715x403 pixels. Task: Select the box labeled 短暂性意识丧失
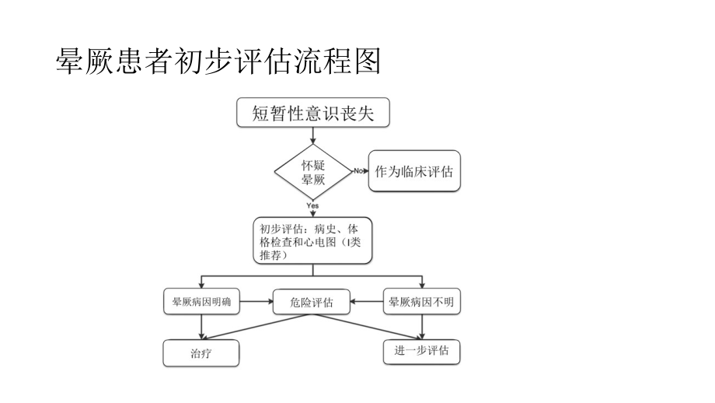pyautogui.click(x=312, y=114)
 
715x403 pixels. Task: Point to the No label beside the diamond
pyautogui.click(x=358, y=170)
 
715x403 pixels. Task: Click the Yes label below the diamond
pyautogui.click(x=312, y=205)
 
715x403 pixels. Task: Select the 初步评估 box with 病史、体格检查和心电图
pyautogui.click(x=312, y=241)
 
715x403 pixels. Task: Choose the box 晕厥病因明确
pyautogui.click(x=201, y=302)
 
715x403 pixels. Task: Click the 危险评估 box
pyautogui.click(x=312, y=303)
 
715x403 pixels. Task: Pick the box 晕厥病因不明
pyautogui.click(x=422, y=302)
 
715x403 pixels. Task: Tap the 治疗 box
pyautogui.click(x=201, y=353)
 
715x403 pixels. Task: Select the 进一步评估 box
pyautogui.click(x=422, y=351)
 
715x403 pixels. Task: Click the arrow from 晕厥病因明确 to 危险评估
pyautogui.click(x=256, y=302)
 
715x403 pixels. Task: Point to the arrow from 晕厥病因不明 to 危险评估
pyautogui.click(x=368, y=302)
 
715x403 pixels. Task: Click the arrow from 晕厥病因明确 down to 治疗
pyautogui.click(x=201, y=327)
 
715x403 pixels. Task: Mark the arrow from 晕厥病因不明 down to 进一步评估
pyautogui.click(x=422, y=326)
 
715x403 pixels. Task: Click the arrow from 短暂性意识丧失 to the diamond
pyautogui.click(x=312, y=135)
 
